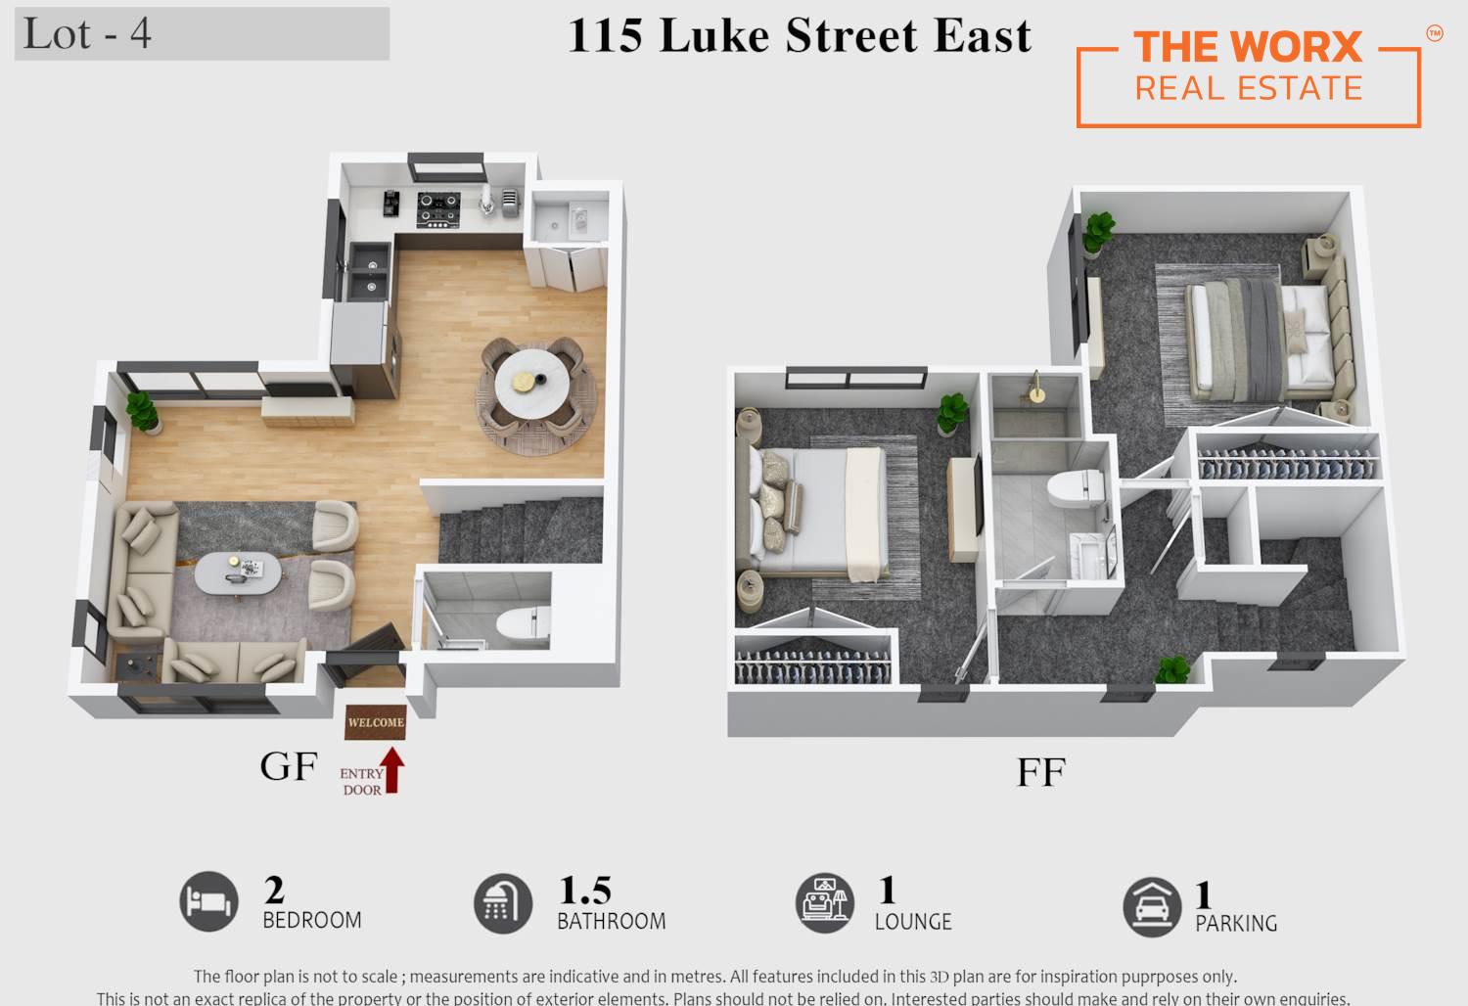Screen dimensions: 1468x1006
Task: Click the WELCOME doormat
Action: pyautogui.click(x=376, y=721)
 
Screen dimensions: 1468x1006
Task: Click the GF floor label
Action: pyautogui.click(x=289, y=766)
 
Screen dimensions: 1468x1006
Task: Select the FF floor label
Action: pyautogui.click(x=1040, y=772)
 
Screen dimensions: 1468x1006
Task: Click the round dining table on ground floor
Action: pyautogui.click(x=531, y=383)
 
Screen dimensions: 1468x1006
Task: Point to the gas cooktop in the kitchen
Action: pyautogui.click(x=438, y=209)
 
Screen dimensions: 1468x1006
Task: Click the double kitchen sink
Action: pyautogui.click(x=369, y=272)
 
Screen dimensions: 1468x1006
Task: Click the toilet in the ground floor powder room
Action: pyautogui.click(x=523, y=623)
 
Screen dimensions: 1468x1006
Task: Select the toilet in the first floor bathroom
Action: pyautogui.click(x=1075, y=488)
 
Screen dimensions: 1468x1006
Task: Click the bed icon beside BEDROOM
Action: pyautogui.click(x=209, y=901)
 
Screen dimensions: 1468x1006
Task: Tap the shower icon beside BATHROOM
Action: pyautogui.click(x=503, y=903)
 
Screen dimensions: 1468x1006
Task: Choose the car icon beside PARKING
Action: pyautogui.click(x=1152, y=907)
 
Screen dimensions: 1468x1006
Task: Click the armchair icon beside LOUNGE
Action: pyautogui.click(x=824, y=903)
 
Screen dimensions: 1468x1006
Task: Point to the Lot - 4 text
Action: pyautogui.click(x=87, y=33)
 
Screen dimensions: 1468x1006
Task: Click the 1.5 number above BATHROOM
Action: pyautogui.click(x=584, y=890)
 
